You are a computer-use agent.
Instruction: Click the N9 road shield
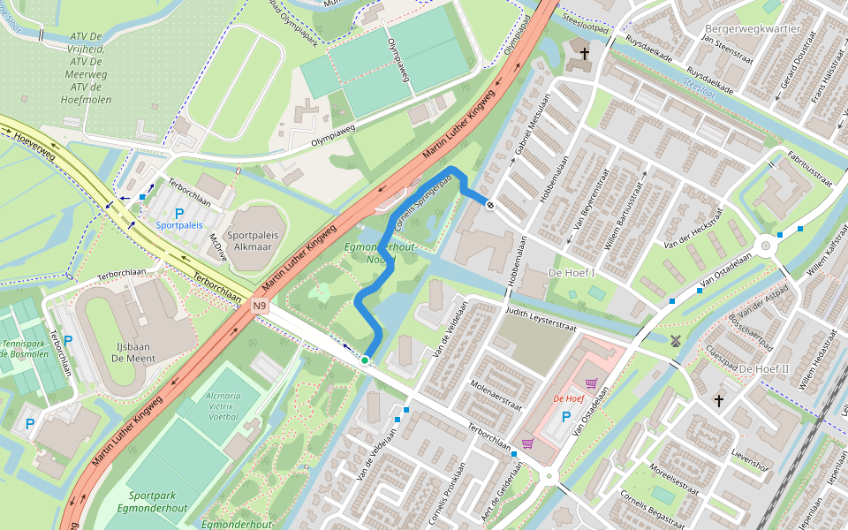[x=259, y=307]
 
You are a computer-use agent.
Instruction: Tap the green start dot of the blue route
[x=365, y=360]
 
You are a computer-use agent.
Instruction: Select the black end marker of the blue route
[x=489, y=205]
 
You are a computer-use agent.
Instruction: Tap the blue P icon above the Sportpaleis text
[x=179, y=213]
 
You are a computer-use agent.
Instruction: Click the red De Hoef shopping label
[x=569, y=398]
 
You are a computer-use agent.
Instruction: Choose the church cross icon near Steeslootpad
[x=584, y=55]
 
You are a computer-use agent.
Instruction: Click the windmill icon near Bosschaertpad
[x=677, y=340]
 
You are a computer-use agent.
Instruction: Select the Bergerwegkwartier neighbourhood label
[x=752, y=29]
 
